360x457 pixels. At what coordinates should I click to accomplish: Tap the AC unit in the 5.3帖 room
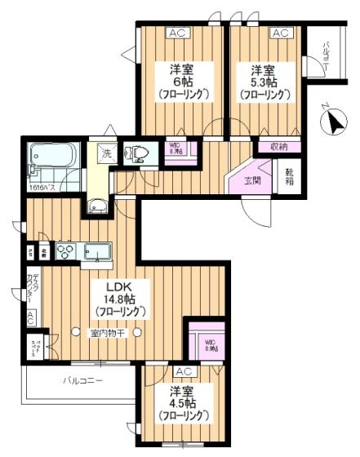[280, 33]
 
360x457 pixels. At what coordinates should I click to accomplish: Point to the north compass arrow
[332, 123]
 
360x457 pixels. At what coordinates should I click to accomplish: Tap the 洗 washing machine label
[107, 153]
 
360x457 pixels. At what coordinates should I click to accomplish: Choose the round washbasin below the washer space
[98, 207]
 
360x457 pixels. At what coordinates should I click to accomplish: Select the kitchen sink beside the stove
[97, 254]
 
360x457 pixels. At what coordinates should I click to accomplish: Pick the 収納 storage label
[280, 146]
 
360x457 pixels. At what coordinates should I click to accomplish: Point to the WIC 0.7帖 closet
[176, 149]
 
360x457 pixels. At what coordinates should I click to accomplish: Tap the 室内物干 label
[107, 331]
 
